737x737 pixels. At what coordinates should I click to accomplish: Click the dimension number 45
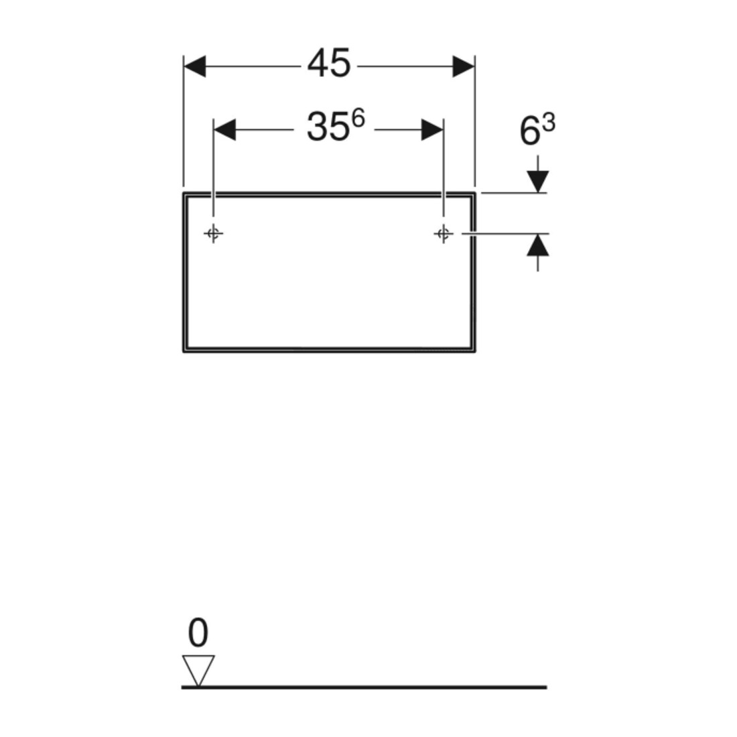[328, 64]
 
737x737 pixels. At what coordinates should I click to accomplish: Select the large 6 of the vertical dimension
[530, 131]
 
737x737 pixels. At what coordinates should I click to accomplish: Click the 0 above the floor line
[198, 632]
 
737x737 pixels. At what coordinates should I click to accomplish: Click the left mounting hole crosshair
[213, 233]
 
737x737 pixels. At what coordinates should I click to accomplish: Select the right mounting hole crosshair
[444, 233]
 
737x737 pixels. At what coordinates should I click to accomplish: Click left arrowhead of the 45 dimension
[194, 66]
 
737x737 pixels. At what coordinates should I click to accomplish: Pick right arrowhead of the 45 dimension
[464, 66]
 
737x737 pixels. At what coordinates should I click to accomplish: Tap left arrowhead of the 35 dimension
[224, 130]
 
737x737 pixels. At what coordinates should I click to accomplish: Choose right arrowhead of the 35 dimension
[432, 130]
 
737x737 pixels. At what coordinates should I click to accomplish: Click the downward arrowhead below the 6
[538, 182]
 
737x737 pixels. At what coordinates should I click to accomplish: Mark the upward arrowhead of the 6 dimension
[538, 245]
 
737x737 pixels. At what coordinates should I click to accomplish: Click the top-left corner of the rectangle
[184, 193]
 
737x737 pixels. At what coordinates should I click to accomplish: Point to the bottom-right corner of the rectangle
[475, 351]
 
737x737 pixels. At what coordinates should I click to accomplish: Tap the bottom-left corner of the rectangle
[184, 351]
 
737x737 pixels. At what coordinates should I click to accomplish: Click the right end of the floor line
[547, 687]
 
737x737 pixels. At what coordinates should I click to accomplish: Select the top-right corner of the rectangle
[475, 193]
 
